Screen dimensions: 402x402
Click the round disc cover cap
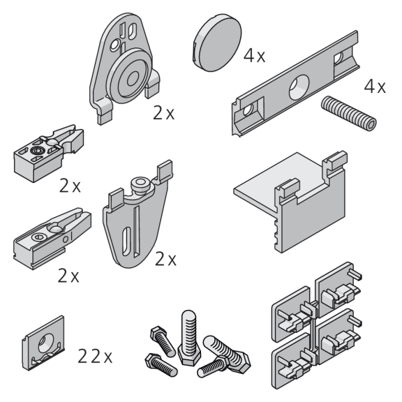coord(217,43)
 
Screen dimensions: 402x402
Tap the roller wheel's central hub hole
coord(133,78)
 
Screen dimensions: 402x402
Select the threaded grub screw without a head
coord(349,113)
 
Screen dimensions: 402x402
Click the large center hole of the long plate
coord(299,87)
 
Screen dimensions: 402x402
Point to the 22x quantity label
coord(95,357)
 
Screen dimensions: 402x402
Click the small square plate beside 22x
coord(43,343)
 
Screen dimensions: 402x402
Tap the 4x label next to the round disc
coord(254,56)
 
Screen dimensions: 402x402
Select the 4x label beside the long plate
coord(375,87)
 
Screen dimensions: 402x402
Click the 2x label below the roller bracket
coord(163,113)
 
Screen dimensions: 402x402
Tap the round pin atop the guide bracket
coord(140,184)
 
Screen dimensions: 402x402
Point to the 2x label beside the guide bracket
coord(165,259)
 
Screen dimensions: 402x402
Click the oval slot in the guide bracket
coord(126,241)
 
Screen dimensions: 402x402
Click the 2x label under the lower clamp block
coord(68,276)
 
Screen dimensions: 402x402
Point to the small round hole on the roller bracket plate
coord(114,45)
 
